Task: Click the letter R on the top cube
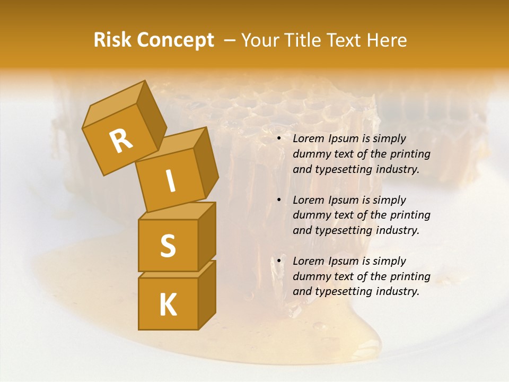[x=121, y=141]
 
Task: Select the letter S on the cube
[x=168, y=246]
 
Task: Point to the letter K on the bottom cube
[x=168, y=305]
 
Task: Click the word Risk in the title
[x=112, y=40]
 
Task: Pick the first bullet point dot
[x=279, y=139]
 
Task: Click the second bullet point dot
[x=279, y=201]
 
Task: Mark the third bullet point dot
[x=279, y=262]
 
